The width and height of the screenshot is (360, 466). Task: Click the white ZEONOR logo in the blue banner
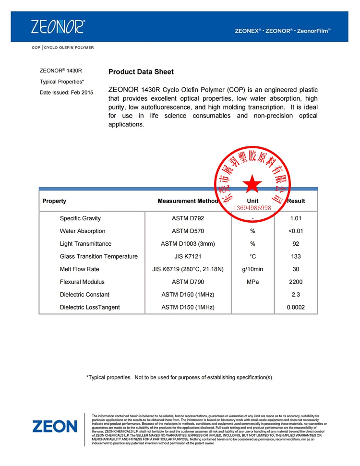pyautogui.click(x=58, y=26)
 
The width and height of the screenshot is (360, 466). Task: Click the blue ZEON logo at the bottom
pyautogui.click(x=54, y=426)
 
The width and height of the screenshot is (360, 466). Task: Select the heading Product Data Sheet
pyautogui.click(x=141, y=72)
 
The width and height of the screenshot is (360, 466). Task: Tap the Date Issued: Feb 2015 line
pyautogui.click(x=66, y=92)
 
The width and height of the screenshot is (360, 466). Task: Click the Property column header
pyautogui.click(x=54, y=201)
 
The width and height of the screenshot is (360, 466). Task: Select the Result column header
pyautogui.click(x=296, y=201)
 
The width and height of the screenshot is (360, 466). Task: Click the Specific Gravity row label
pyautogui.click(x=80, y=218)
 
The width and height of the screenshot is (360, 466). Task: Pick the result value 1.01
pyautogui.click(x=296, y=218)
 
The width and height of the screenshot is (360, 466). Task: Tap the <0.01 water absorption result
pyautogui.click(x=296, y=231)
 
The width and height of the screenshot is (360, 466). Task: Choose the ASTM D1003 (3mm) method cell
pyautogui.click(x=188, y=244)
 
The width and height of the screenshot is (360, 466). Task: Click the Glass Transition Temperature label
pyautogui.click(x=98, y=256)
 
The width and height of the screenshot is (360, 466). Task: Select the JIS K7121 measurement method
pyautogui.click(x=188, y=256)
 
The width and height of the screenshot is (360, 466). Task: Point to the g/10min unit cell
pyautogui.click(x=252, y=269)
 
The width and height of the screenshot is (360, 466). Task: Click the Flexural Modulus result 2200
pyautogui.click(x=296, y=282)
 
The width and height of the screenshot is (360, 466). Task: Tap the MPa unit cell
pyautogui.click(x=252, y=282)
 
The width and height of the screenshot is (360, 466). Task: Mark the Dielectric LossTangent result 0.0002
pyautogui.click(x=296, y=307)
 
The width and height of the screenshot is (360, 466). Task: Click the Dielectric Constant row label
pyautogui.click(x=84, y=295)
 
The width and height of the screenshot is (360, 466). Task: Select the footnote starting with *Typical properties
pyautogui.click(x=180, y=377)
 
